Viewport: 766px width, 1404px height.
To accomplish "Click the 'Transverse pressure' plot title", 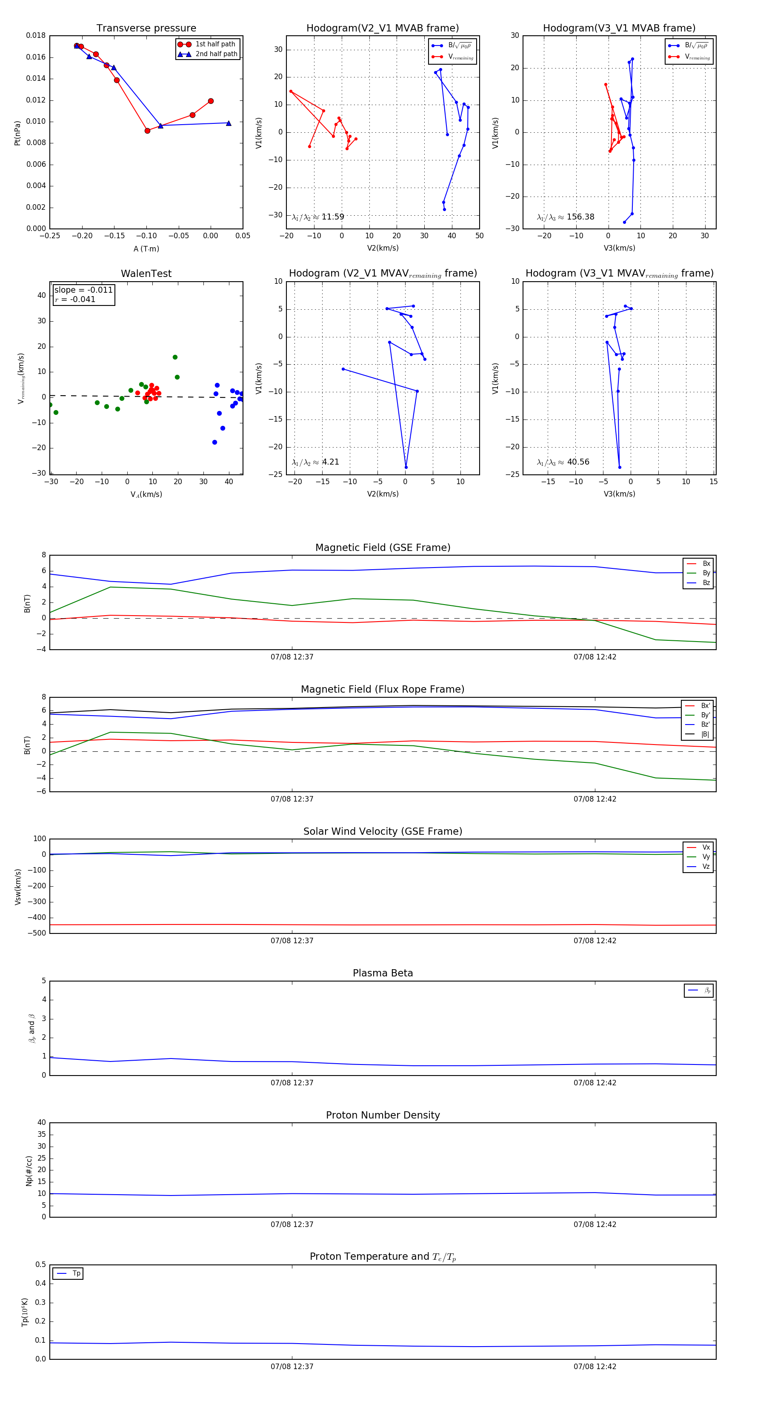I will [x=146, y=29].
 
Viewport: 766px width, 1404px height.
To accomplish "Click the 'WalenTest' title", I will [x=146, y=274].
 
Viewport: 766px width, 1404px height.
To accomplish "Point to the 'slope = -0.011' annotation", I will [x=83, y=290].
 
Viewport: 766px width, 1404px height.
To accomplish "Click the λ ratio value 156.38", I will [x=580, y=217].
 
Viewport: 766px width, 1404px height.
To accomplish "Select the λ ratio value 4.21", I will [x=330, y=462].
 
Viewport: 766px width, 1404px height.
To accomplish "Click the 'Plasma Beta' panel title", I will [x=383, y=973].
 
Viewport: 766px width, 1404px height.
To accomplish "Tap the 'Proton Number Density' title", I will [x=383, y=1115].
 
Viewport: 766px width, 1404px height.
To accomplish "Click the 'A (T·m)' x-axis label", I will [x=146, y=248].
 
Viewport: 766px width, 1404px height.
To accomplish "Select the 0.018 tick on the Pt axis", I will [x=36, y=35].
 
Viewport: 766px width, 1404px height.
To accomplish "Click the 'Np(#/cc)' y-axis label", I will [x=29, y=1171].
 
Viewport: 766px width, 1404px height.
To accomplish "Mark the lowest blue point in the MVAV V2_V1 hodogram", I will [x=406, y=467].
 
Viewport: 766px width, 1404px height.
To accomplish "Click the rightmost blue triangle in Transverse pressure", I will [x=229, y=123].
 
